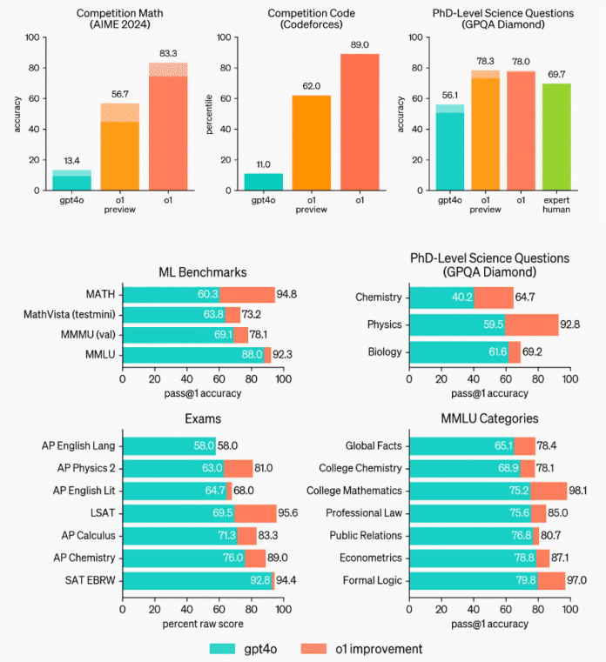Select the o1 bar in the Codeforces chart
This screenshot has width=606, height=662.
(x=360, y=122)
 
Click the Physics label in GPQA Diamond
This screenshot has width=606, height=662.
(x=383, y=324)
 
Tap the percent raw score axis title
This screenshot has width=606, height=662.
(x=204, y=624)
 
